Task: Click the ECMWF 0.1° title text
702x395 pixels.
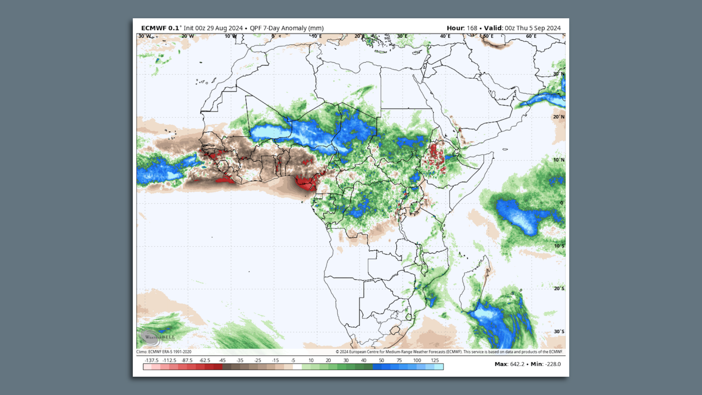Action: (160, 28)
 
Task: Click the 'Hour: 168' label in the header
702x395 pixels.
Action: (462, 28)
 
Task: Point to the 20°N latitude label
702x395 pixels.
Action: (558, 117)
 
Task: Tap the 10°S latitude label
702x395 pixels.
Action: (559, 246)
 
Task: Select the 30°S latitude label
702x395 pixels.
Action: (559, 331)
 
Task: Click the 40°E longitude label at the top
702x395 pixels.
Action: (445, 36)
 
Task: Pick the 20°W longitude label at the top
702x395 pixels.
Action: (188, 36)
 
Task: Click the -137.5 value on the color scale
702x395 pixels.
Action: (151, 360)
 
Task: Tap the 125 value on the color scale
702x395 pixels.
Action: (434, 360)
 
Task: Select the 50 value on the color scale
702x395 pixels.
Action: (381, 360)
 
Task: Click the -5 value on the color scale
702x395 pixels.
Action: (293, 360)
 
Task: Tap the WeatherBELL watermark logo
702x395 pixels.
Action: (155, 337)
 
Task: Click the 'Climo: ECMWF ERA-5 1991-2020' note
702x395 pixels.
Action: (164, 352)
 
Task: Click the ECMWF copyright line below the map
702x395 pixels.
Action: (449, 352)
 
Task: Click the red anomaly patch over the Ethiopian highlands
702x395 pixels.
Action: (436, 157)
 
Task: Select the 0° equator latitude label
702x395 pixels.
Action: (562, 203)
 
